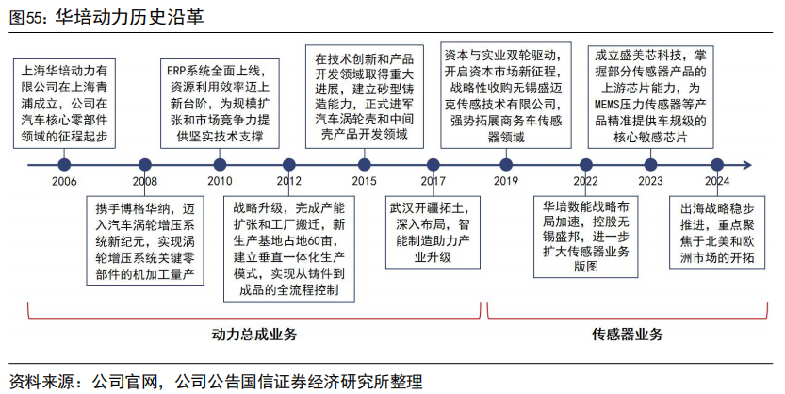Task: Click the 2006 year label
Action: click(x=64, y=181)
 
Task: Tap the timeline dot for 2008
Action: click(x=145, y=164)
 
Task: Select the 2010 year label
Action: click(x=219, y=181)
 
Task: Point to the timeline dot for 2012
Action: click(x=289, y=164)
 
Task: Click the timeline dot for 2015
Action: click(x=364, y=164)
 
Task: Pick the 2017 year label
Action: click(x=433, y=181)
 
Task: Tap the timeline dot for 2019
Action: click(x=506, y=164)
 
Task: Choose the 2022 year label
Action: click(x=585, y=181)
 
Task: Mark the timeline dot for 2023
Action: click(x=650, y=164)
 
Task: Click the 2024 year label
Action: click(x=717, y=181)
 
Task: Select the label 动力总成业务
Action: click(x=254, y=334)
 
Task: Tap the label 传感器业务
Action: click(x=627, y=334)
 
